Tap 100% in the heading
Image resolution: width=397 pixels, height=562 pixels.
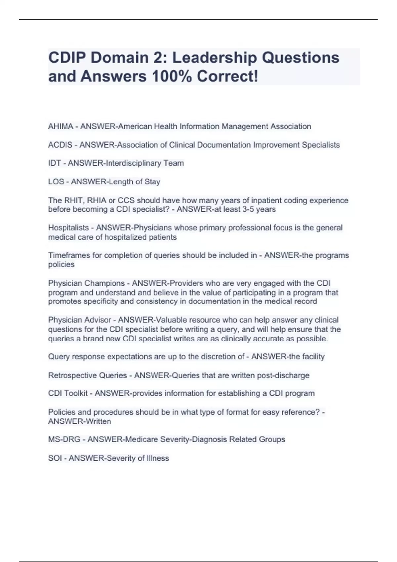[171, 76]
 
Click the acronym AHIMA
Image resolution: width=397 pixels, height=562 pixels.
[61, 126]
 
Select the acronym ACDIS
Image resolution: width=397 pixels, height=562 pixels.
[60, 145]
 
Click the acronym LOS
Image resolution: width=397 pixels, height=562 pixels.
[56, 181]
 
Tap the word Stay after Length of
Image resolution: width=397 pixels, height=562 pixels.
[152, 181]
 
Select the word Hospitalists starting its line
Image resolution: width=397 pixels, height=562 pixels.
[68, 228]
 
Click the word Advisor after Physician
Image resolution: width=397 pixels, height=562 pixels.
[98, 320]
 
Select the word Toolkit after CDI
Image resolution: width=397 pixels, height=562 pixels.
[76, 393]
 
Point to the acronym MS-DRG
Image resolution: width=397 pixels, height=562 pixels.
[64, 439]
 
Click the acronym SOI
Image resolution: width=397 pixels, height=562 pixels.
[55, 458]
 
